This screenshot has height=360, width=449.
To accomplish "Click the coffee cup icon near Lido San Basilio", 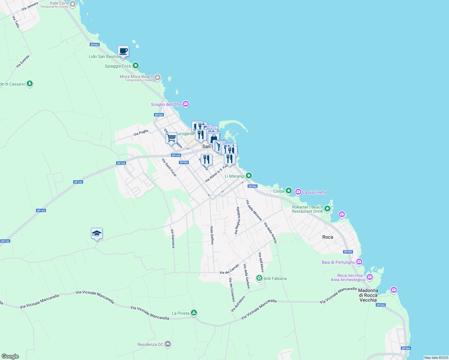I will [123, 51].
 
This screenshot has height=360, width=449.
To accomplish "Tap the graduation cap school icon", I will [97, 233].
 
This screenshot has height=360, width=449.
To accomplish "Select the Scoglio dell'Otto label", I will [166, 104].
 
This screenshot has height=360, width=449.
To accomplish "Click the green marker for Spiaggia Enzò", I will [136, 65].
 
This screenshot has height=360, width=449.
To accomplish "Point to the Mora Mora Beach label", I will [136, 76].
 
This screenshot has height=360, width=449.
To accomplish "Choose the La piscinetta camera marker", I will [298, 192].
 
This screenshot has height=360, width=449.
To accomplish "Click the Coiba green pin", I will [288, 190].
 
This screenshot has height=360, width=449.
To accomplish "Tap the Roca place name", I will [327, 237].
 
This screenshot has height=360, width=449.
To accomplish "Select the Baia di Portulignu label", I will [338, 262].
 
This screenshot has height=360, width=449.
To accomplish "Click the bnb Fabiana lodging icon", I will [259, 278].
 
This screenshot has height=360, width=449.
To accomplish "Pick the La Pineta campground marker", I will [194, 313].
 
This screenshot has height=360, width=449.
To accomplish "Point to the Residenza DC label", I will [150, 344].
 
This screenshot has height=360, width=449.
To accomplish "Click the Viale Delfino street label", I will [212, 235].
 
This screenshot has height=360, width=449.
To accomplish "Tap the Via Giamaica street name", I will [173, 238].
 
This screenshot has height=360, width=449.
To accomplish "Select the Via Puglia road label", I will [141, 132].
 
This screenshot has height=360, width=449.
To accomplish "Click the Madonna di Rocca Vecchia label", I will [368, 295].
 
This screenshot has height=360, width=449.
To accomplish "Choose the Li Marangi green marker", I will [249, 175].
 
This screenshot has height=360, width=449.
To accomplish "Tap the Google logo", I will [10, 356].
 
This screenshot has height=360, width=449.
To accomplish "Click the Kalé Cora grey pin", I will [73, 4].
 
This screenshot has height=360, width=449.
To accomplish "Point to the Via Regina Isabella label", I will [237, 220].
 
